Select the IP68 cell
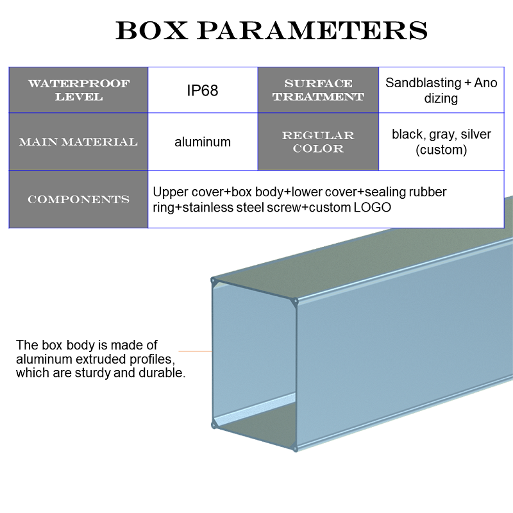(x=203, y=90)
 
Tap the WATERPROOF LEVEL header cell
(x=78, y=90)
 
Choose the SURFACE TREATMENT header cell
(x=318, y=90)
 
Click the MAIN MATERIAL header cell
(x=78, y=142)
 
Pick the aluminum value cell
(x=203, y=142)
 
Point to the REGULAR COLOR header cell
(x=318, y=142)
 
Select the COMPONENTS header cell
(x=78, y=199)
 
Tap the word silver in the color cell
(x=476, y=135)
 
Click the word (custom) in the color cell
(x=441, y=150)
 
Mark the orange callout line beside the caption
(x=195, y=351)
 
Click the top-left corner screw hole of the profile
(x=213, y=280)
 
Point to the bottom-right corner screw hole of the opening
(x=296, y=448)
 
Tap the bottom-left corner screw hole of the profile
(x=213, y=424)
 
